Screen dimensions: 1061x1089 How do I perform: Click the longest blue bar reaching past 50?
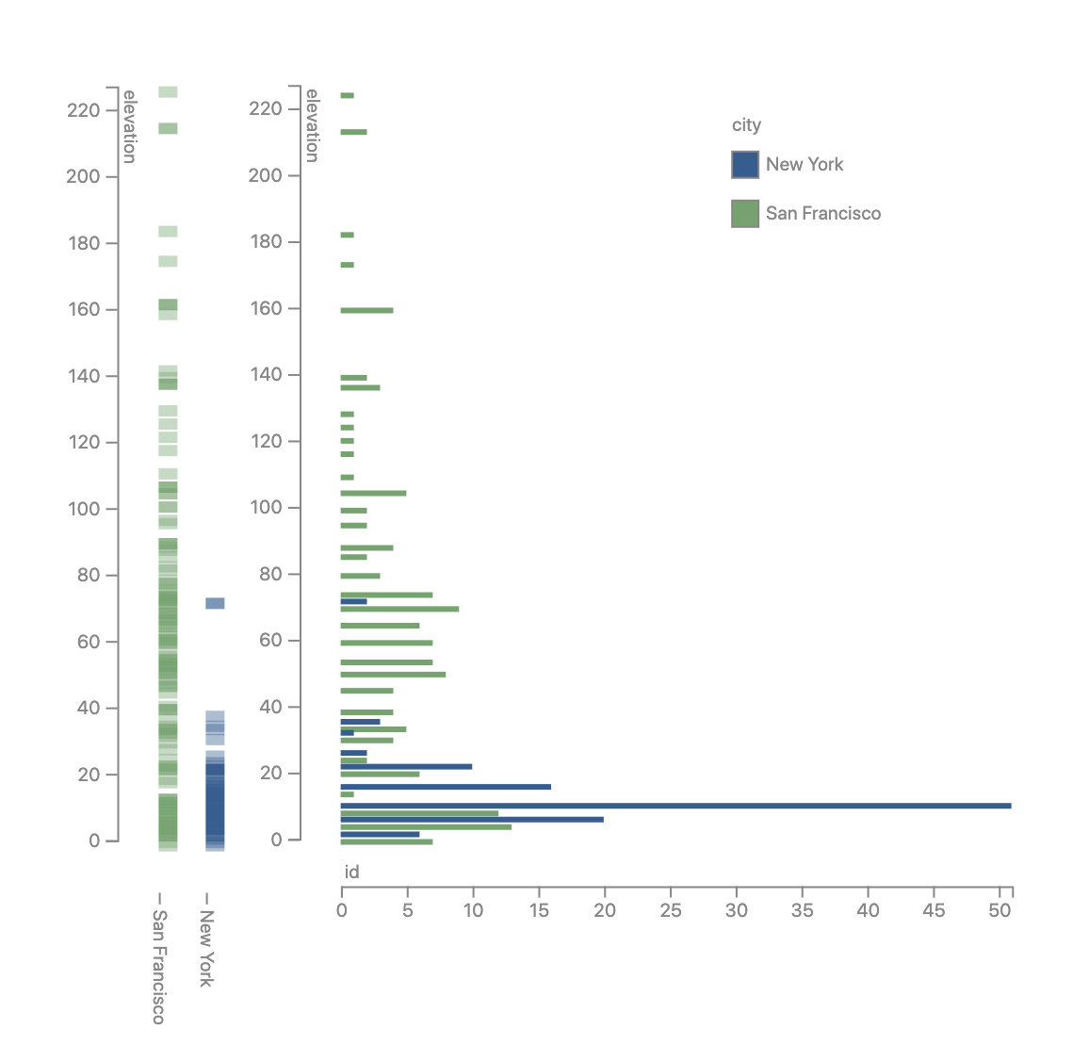[675, 806]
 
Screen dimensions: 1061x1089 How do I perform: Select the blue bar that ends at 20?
[472, 820]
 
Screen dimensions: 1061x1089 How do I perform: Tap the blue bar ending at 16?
[446, 787]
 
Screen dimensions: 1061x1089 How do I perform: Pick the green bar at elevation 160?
[366, 310]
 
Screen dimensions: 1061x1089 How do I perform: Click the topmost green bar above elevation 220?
[347, 95]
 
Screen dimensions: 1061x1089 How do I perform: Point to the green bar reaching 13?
[426, 827]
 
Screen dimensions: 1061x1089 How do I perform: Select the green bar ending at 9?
[399, 609]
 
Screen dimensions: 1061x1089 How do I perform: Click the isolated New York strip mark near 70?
[215, 603]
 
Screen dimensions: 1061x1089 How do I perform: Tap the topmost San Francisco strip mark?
[168, 92]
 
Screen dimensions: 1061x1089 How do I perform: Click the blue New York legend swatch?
[745, 165]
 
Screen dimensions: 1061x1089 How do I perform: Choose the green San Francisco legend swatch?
[745, 214]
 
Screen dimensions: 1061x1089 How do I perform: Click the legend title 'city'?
[746, 125]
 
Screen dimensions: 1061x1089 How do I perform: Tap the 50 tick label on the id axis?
[1000, 910]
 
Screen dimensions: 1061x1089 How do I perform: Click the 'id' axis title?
[351, 873]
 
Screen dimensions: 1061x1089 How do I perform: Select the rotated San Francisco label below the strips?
[159, 966]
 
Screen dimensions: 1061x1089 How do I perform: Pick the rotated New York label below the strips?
[206, 948]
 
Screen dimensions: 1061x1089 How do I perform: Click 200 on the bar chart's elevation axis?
[265, 175]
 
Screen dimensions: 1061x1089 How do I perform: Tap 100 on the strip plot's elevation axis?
[83, 509]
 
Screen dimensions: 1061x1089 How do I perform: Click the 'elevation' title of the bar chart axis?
[312, 125]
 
